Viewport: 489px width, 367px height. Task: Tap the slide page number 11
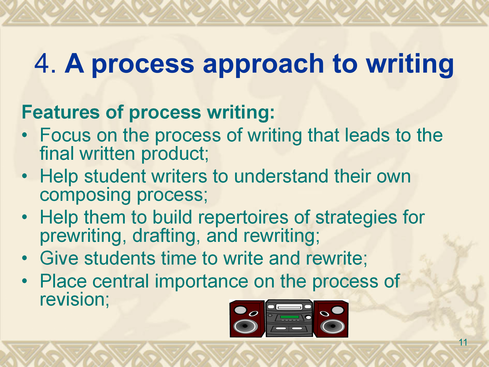pos(463,342)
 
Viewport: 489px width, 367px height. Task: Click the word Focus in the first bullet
pos(65,135)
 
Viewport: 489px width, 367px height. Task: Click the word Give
pos(59,258)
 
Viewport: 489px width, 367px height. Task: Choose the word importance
pos(201,282)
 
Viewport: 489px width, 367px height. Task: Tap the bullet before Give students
pos(24,258)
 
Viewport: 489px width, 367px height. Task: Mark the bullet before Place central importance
pos(24,281)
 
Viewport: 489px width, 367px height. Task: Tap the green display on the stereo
pos(289,317)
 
